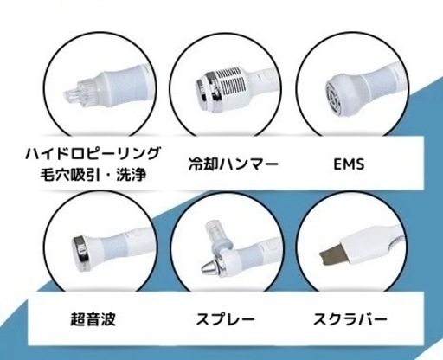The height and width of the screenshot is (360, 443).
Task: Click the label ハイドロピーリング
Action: pyautogui.click(x=93, y=153)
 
